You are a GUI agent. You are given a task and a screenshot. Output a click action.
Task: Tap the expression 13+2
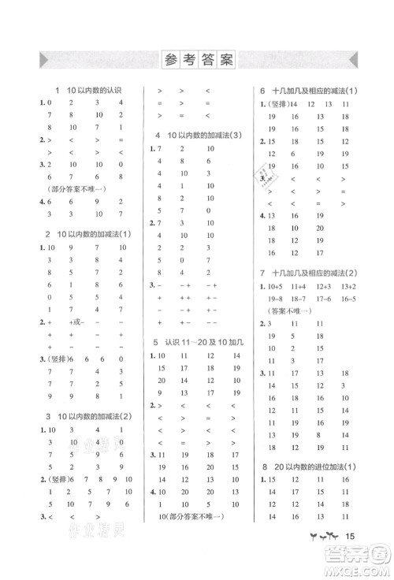tap(348, 287)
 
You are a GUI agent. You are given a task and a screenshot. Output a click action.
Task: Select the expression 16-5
tap(348, 299)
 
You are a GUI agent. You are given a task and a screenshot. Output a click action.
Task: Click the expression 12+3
tap(324, 287)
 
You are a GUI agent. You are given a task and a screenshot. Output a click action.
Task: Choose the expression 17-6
tap(324, 299)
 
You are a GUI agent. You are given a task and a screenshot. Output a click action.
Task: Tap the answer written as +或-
tap(77, 322)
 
